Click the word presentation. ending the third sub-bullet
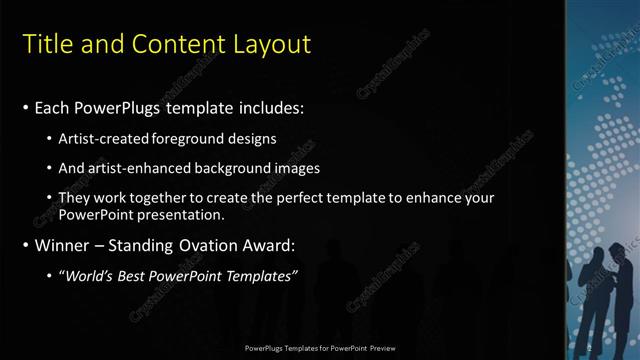click(185, 214)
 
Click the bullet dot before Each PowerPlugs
click(25, 107)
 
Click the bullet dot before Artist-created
click(51, 138)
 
